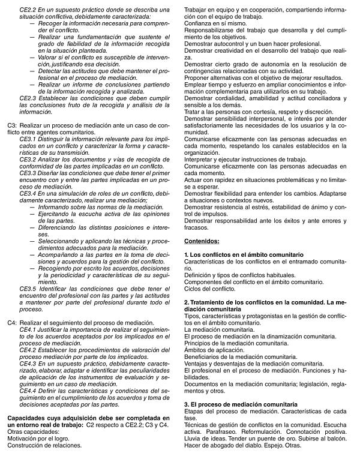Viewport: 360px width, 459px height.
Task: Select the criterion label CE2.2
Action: (x=28, y=10)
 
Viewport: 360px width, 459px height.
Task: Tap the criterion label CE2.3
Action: (x=28, y=97)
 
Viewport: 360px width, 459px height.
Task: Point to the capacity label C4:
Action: (x=12, y=323)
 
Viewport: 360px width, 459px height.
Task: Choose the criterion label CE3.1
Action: (x=28, y=139)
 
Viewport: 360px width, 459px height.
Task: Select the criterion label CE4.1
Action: (x=28, y=330)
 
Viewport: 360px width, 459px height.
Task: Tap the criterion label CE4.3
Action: (x=28, y=364)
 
